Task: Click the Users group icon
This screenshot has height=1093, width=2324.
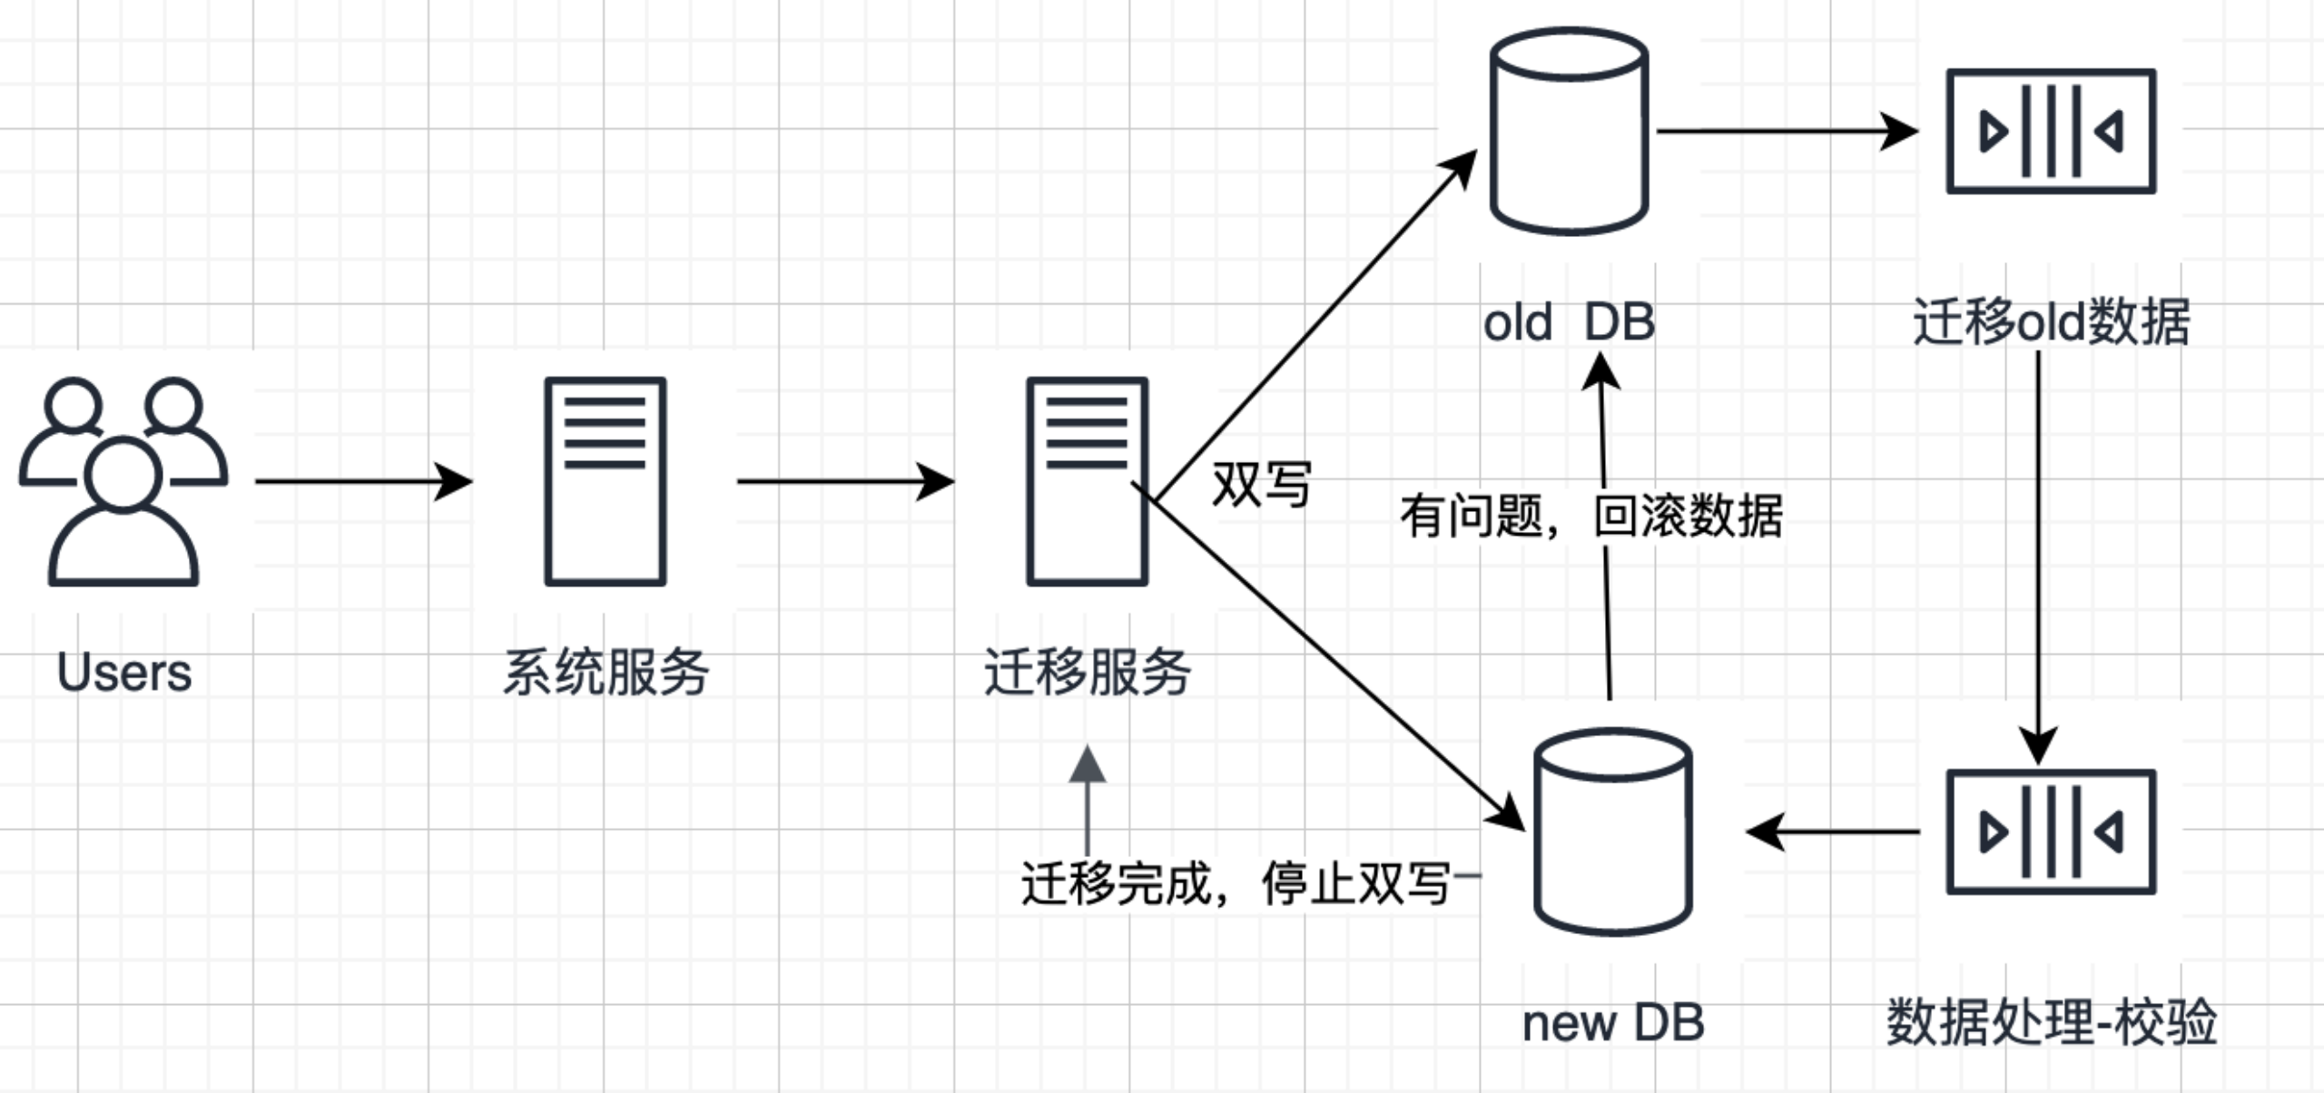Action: coord(123,481)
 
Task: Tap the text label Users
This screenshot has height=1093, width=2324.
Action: coord(124,673)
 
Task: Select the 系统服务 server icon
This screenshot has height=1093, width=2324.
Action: coord(606,481)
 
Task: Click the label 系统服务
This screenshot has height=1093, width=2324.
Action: coord(606,673)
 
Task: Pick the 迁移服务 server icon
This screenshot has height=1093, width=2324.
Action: coord(1087,481)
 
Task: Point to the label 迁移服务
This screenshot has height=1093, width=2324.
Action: coord(1087,673)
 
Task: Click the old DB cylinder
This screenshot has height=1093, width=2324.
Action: coord(1570,132)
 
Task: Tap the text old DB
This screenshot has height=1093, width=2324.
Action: coord(1570,323)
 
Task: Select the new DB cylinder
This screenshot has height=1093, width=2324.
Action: coord(1612,832)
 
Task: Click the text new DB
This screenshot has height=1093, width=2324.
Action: coord(1612,1024)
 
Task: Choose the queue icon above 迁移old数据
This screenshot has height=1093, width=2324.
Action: coord(2051,132)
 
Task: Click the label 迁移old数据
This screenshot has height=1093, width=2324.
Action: coord(2051,323)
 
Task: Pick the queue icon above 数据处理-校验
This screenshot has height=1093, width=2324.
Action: coord(2051,832)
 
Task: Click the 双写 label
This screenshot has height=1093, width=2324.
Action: coord(1262,485)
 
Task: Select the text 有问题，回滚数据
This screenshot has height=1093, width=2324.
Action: coord(1590,517)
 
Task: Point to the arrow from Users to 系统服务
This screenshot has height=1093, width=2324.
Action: coord(363,481)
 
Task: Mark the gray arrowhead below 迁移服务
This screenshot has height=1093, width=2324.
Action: coord(1087,765)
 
